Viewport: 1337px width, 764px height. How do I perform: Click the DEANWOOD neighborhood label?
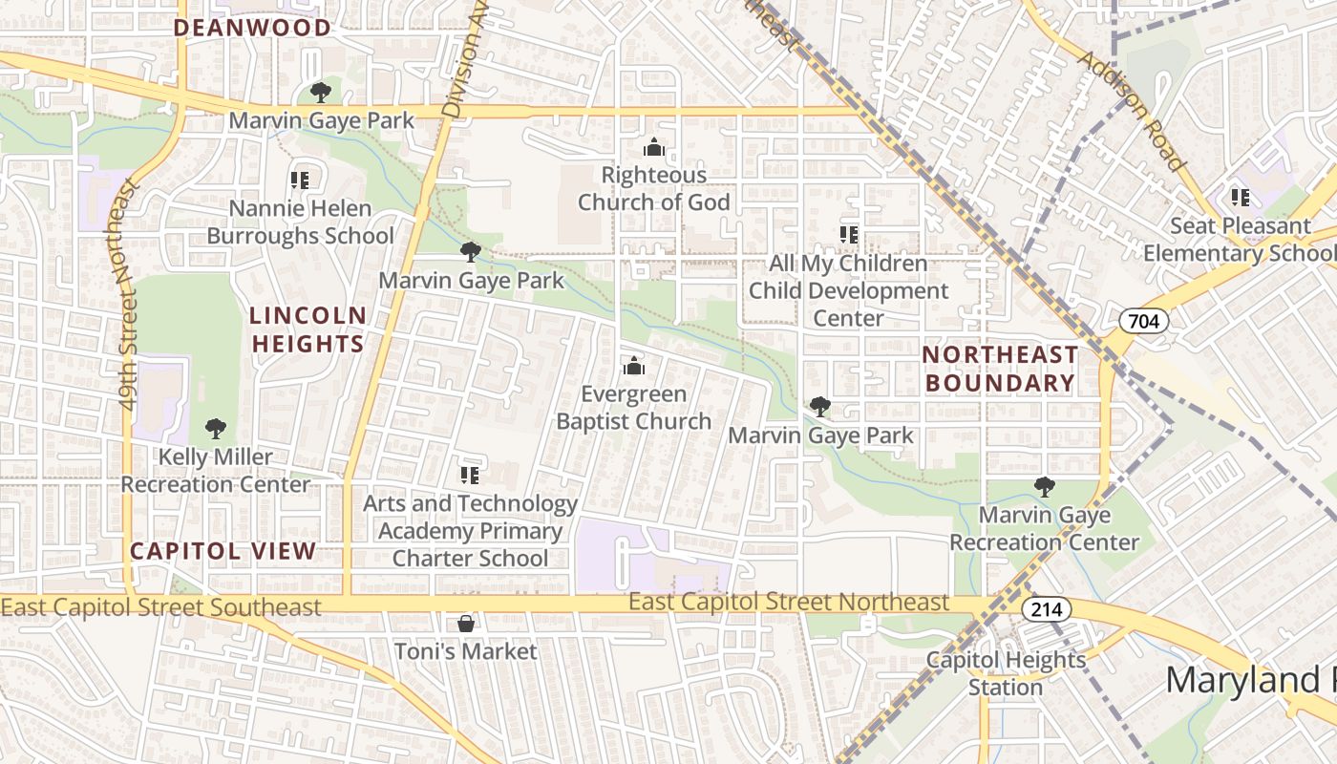tap(252, 28)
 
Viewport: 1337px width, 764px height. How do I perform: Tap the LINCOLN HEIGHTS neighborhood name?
tap(308, 329)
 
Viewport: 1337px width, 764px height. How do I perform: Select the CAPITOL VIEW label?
tap(223, 551)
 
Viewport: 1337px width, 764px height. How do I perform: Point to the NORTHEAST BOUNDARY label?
tap(1000, 369)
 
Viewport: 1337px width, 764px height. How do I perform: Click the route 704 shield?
tap(1143, 321)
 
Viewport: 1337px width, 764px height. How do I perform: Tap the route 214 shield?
tap(1046, 608)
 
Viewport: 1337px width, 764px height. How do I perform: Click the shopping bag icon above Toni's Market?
tap(466, 624)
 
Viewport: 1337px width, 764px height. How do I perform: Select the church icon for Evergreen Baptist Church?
tap(633, 367)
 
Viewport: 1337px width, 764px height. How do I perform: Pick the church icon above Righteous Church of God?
tap(653, 147)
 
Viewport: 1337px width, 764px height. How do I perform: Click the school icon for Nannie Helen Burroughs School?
tap(300, 180)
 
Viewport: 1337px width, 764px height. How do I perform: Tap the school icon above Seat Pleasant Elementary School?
tap(1240, 198)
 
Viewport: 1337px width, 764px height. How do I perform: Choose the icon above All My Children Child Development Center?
tap(848, 234)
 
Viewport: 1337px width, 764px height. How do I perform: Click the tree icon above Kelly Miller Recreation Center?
tap(216, 429)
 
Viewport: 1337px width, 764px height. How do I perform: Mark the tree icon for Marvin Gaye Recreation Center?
tap(1044, 487)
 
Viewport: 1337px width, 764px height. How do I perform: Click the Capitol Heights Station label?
tap(1007, 673)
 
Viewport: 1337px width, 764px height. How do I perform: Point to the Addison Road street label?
tap(1132, 111)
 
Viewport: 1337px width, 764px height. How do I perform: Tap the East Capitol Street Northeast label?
tap(789, 603)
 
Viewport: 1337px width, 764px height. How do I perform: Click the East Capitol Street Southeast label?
tap(161, 607)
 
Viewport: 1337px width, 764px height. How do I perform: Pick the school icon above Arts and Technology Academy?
tap(469, 475)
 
